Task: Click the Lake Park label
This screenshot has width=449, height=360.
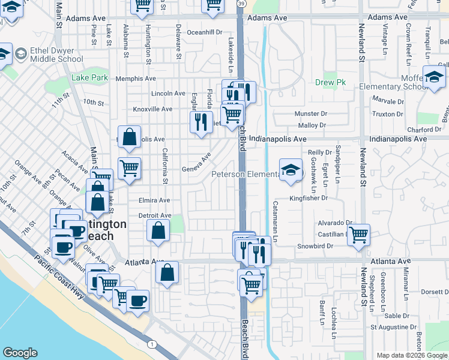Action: (90, 77)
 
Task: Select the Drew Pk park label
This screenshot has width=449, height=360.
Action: (327, 83)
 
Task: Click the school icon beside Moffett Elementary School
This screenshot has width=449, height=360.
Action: (433, 77)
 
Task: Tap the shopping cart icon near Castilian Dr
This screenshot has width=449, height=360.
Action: (358, 235)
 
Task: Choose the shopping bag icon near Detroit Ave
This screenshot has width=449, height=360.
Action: (157, 230)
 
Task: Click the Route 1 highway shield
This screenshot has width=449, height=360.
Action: (151, 344)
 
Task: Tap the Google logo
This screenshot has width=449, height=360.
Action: (20, 353)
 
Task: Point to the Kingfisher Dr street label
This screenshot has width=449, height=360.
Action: (308, 197)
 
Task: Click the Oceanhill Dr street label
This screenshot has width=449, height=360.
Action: (205, 32)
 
